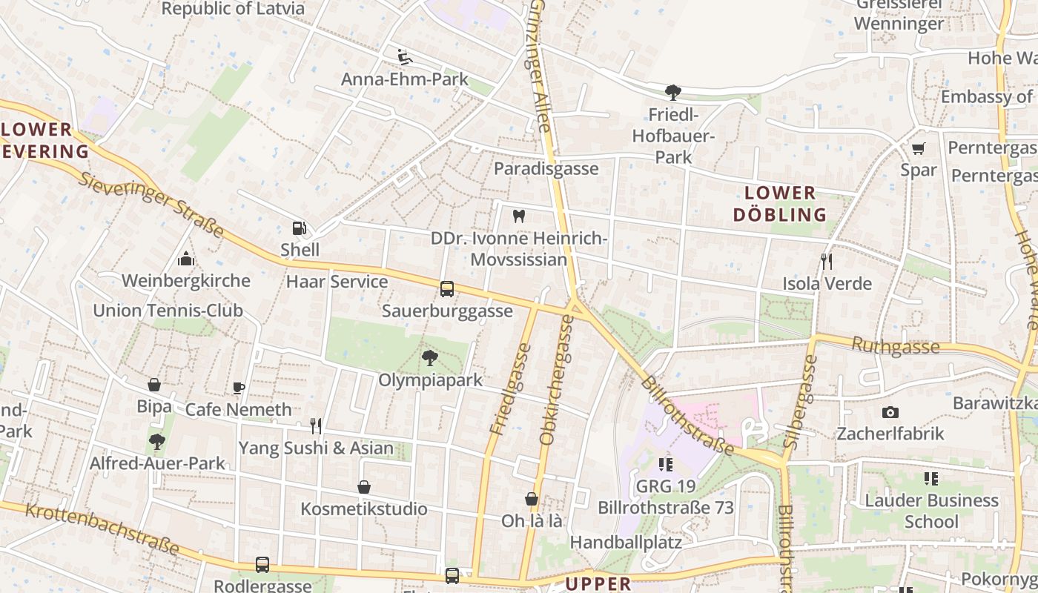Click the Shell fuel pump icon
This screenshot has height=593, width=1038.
[299, 228]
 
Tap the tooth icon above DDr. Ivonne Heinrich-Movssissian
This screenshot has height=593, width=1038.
[519, 216]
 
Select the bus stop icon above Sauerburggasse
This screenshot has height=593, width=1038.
[447, 289]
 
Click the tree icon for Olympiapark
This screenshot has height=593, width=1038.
[429, 359]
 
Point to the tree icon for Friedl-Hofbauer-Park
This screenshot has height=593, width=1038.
[673, 93]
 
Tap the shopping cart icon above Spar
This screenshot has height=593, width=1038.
[919, 148]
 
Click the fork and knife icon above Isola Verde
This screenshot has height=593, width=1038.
[827, 261]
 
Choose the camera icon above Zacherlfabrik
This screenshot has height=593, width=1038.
[890, 412]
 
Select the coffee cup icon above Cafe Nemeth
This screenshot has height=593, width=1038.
[238, 388]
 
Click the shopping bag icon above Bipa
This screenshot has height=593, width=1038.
[154, 385]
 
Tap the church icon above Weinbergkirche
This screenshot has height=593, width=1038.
[185, 259]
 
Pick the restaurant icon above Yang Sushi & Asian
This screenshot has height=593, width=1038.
[316, 425]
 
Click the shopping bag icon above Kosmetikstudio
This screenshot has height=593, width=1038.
[364, 487]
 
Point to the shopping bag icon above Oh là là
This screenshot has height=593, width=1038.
[532, 499]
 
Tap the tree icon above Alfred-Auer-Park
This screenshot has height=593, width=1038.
[156, 442]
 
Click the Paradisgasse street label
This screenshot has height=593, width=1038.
[546, 169]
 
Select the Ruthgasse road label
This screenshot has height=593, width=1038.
[896, 345]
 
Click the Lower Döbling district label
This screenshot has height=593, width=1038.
[779, 204]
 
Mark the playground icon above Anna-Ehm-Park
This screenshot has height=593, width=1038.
[405, 57]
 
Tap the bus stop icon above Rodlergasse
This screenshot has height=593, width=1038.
[262, 565]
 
